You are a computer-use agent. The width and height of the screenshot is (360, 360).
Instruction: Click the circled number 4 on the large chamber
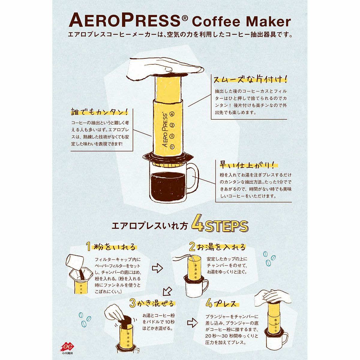[x=172, y=114]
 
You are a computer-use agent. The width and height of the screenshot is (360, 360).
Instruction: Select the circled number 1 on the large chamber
[x=172, y=147]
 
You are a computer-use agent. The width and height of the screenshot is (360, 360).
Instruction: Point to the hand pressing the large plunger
[x=164, y=70]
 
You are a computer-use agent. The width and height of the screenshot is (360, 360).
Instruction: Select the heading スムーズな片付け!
[x=250, y=80]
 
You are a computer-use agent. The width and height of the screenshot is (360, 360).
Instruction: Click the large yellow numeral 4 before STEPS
[x=198, y=226]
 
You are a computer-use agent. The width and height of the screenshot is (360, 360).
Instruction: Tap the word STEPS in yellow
[x=226, y=226]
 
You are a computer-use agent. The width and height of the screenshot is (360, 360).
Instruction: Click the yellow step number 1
[x=88, y=246]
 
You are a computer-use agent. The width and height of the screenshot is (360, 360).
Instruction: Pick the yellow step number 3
[x=132, y=303]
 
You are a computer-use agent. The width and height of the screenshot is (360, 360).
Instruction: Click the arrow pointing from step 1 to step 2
[x=157, y=268]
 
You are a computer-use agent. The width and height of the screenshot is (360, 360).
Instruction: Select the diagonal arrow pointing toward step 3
[x=168, y=291]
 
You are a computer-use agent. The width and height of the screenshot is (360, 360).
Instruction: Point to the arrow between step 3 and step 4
[x=192, y=322]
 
